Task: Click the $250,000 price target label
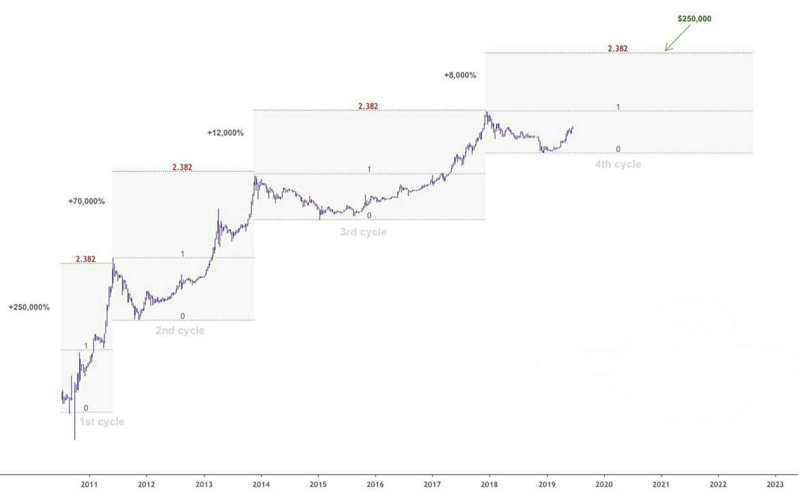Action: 694,19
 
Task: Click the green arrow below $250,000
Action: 677,38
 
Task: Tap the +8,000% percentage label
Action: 459,75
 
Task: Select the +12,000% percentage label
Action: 225,133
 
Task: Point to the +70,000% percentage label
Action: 87,202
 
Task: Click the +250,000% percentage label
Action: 29,308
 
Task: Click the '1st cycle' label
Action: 102,422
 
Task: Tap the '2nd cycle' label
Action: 180,331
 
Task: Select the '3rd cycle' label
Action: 363,233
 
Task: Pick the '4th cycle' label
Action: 618,164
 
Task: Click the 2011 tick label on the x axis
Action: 89,484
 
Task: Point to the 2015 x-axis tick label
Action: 317,484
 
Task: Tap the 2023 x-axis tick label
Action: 775,484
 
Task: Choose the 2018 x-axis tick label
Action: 489,484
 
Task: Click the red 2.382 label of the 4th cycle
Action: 618,49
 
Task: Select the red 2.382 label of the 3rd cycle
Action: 368,106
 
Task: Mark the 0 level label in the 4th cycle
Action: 618,149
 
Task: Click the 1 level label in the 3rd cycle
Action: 369,169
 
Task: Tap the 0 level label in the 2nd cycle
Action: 182,316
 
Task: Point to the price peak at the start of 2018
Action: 485,112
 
